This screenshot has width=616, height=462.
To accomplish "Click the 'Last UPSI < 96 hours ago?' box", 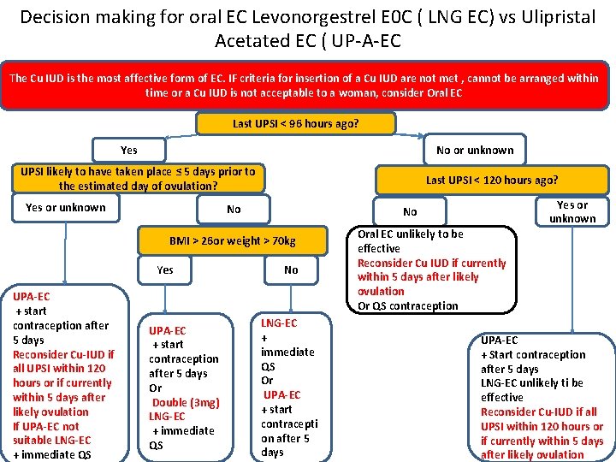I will click(x=296, y=124).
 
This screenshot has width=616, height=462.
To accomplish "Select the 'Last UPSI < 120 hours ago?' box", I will click(x=492, y=180).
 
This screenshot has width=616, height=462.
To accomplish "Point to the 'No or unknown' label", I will click(x=475, y=150).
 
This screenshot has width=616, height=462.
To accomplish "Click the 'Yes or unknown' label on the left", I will click(x=66, y=207).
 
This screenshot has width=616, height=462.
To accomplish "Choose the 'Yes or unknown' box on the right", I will click(x=572, y=211).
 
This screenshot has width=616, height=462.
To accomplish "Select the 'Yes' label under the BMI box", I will click(x=165, y=269).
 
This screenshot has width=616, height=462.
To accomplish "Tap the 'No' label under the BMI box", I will click(x=291, y=269).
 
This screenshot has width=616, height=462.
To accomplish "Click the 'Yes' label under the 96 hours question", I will click(x=128, y=150).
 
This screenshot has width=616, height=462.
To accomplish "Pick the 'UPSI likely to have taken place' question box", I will click(x=138, y=178).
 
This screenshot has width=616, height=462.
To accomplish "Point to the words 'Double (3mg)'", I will click(x=186, y=402).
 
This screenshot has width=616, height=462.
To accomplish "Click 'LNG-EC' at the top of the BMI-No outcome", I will click(x=279, y=323).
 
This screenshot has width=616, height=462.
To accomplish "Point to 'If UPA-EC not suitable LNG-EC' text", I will click(x=53, y=433).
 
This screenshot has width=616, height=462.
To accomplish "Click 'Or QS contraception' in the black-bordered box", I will click(x=408, y=305).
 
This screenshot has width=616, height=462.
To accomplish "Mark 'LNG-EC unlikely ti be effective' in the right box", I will click(x=532, y=390).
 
